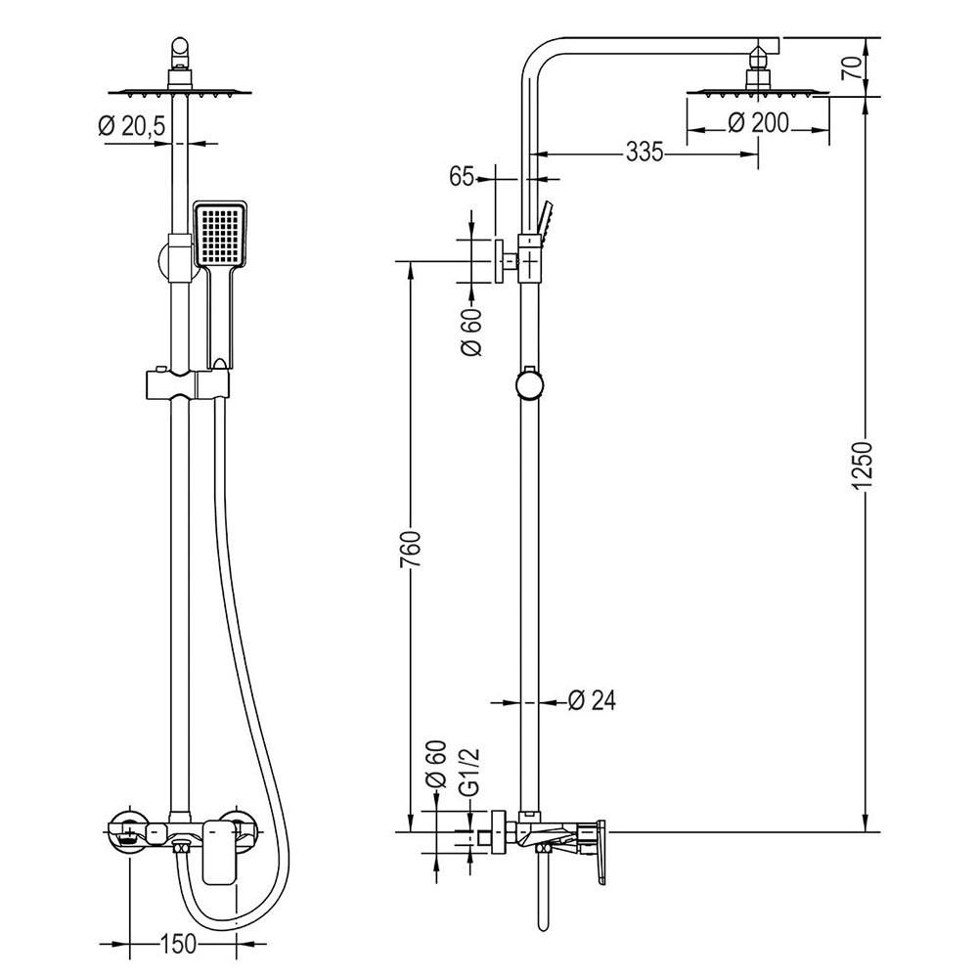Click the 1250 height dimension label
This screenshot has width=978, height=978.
point(864,466)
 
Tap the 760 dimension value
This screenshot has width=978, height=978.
point(411,549)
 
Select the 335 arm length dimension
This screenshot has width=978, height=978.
point(645,152)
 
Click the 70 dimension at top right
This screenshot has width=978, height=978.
point(852,67)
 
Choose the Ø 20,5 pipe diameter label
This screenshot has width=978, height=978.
point(132,126)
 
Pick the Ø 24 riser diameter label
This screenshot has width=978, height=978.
point(592,700)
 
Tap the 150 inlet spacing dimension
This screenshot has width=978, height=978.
point(179,944)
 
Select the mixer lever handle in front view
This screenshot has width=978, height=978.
point(219,852)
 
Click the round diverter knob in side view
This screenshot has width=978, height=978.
point(529,384)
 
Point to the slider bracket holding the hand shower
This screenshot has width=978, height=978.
point(188,384)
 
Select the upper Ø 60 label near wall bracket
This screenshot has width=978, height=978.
point(472,332)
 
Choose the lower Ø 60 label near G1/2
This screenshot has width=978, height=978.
point(436,764)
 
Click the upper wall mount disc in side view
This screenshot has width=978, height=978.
point(499,261)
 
